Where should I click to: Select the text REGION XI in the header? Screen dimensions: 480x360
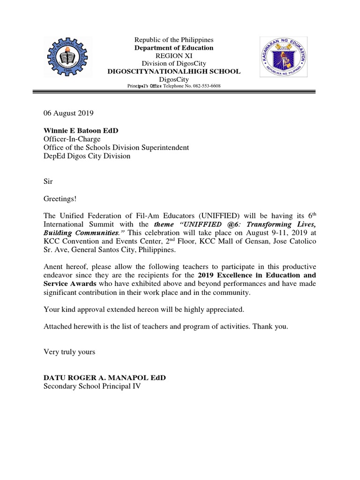click(174, 55)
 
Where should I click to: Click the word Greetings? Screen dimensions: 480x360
click(60, 199)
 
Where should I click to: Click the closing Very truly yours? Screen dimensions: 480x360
click(69, 352)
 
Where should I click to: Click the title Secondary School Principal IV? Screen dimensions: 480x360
click(92, 387)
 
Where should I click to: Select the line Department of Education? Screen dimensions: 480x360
click(174, 48)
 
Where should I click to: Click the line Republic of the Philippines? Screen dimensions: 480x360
click(174, 40)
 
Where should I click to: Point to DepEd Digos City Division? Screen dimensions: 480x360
click(87, 156)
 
